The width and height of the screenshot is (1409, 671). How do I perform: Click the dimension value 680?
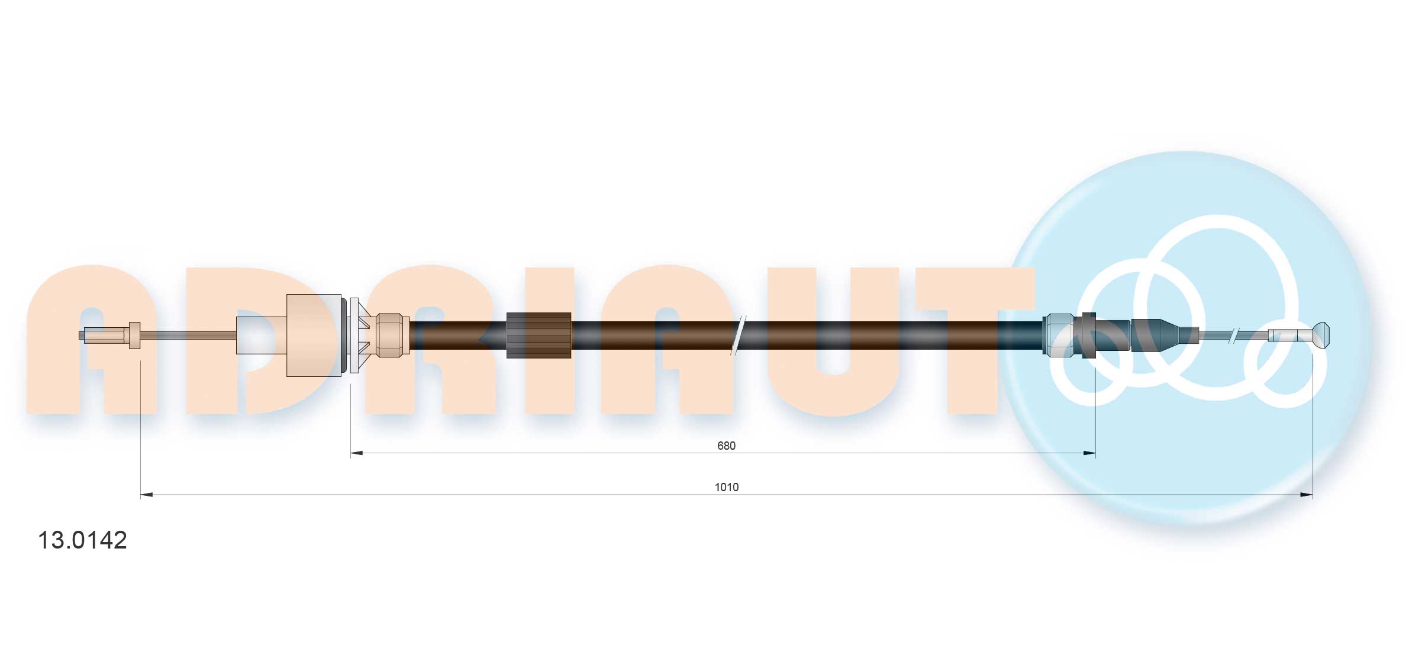[726, 446]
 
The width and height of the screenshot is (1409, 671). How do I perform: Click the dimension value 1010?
[726, 487]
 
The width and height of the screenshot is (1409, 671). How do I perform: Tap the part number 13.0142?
[82, 540]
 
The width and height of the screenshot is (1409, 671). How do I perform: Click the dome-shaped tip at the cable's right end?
[1321, 335]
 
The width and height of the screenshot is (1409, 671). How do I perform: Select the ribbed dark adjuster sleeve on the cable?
[539, 335]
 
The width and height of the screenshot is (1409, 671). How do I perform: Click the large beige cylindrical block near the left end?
[314, 335]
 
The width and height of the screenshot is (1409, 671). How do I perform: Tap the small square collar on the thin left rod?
[134, 335]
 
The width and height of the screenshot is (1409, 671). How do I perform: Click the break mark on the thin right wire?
[1233, 335]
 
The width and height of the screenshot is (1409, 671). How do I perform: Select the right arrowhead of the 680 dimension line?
[1089, 453]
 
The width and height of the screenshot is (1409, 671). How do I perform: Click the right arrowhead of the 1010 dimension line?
[1306, 495]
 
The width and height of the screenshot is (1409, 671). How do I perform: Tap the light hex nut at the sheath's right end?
[1059, 335]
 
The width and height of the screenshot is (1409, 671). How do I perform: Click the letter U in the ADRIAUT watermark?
[833, 340]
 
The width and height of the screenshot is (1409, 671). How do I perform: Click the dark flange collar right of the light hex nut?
[1088, 335]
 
